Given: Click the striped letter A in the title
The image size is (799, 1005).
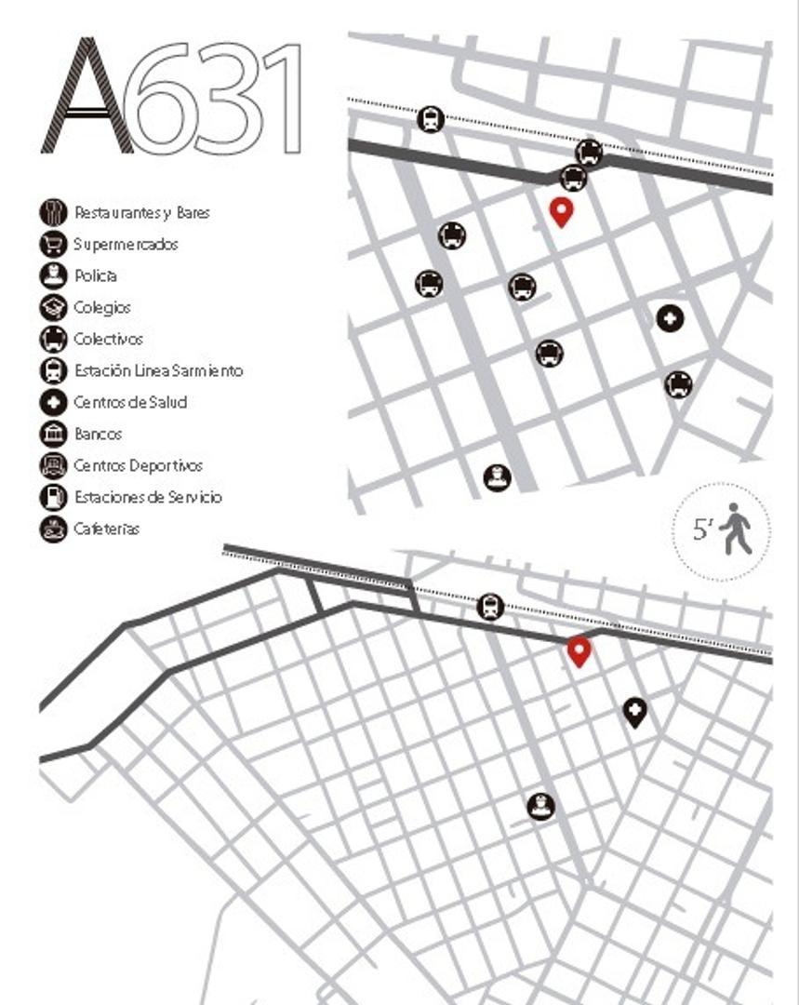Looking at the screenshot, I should tap(86, 97).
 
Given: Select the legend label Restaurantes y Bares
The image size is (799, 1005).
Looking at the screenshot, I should tap(141, 213).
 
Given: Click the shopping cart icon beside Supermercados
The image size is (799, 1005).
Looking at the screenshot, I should tap(53, 244).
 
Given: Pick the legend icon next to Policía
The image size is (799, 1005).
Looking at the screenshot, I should tap(53, 275).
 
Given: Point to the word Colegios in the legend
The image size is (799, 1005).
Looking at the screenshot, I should tap(102, 307).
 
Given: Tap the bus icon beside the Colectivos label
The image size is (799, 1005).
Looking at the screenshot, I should tap(53, 339).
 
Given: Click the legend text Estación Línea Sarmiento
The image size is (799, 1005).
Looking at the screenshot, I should tap(158, 370).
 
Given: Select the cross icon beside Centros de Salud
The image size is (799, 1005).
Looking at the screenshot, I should tap(53, 402).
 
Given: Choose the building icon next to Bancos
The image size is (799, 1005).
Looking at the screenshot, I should tap(53, 434).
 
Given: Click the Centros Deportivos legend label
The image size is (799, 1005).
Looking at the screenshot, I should tap(138, 465).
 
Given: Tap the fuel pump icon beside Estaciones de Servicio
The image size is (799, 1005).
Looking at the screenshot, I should tap(53, 497).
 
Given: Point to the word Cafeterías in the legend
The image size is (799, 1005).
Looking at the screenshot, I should tap(107, 529).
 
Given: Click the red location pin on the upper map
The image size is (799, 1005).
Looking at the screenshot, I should tap(561, 211).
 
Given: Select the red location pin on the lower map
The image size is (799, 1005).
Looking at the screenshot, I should tap(579, 650).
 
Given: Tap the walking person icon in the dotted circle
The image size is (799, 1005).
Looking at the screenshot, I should tap(736, 529).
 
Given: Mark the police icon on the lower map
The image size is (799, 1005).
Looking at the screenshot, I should tap(540, 806).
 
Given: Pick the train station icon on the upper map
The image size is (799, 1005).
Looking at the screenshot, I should tap(431, 118).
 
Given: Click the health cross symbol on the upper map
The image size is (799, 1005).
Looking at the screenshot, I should tap(670, 318).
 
